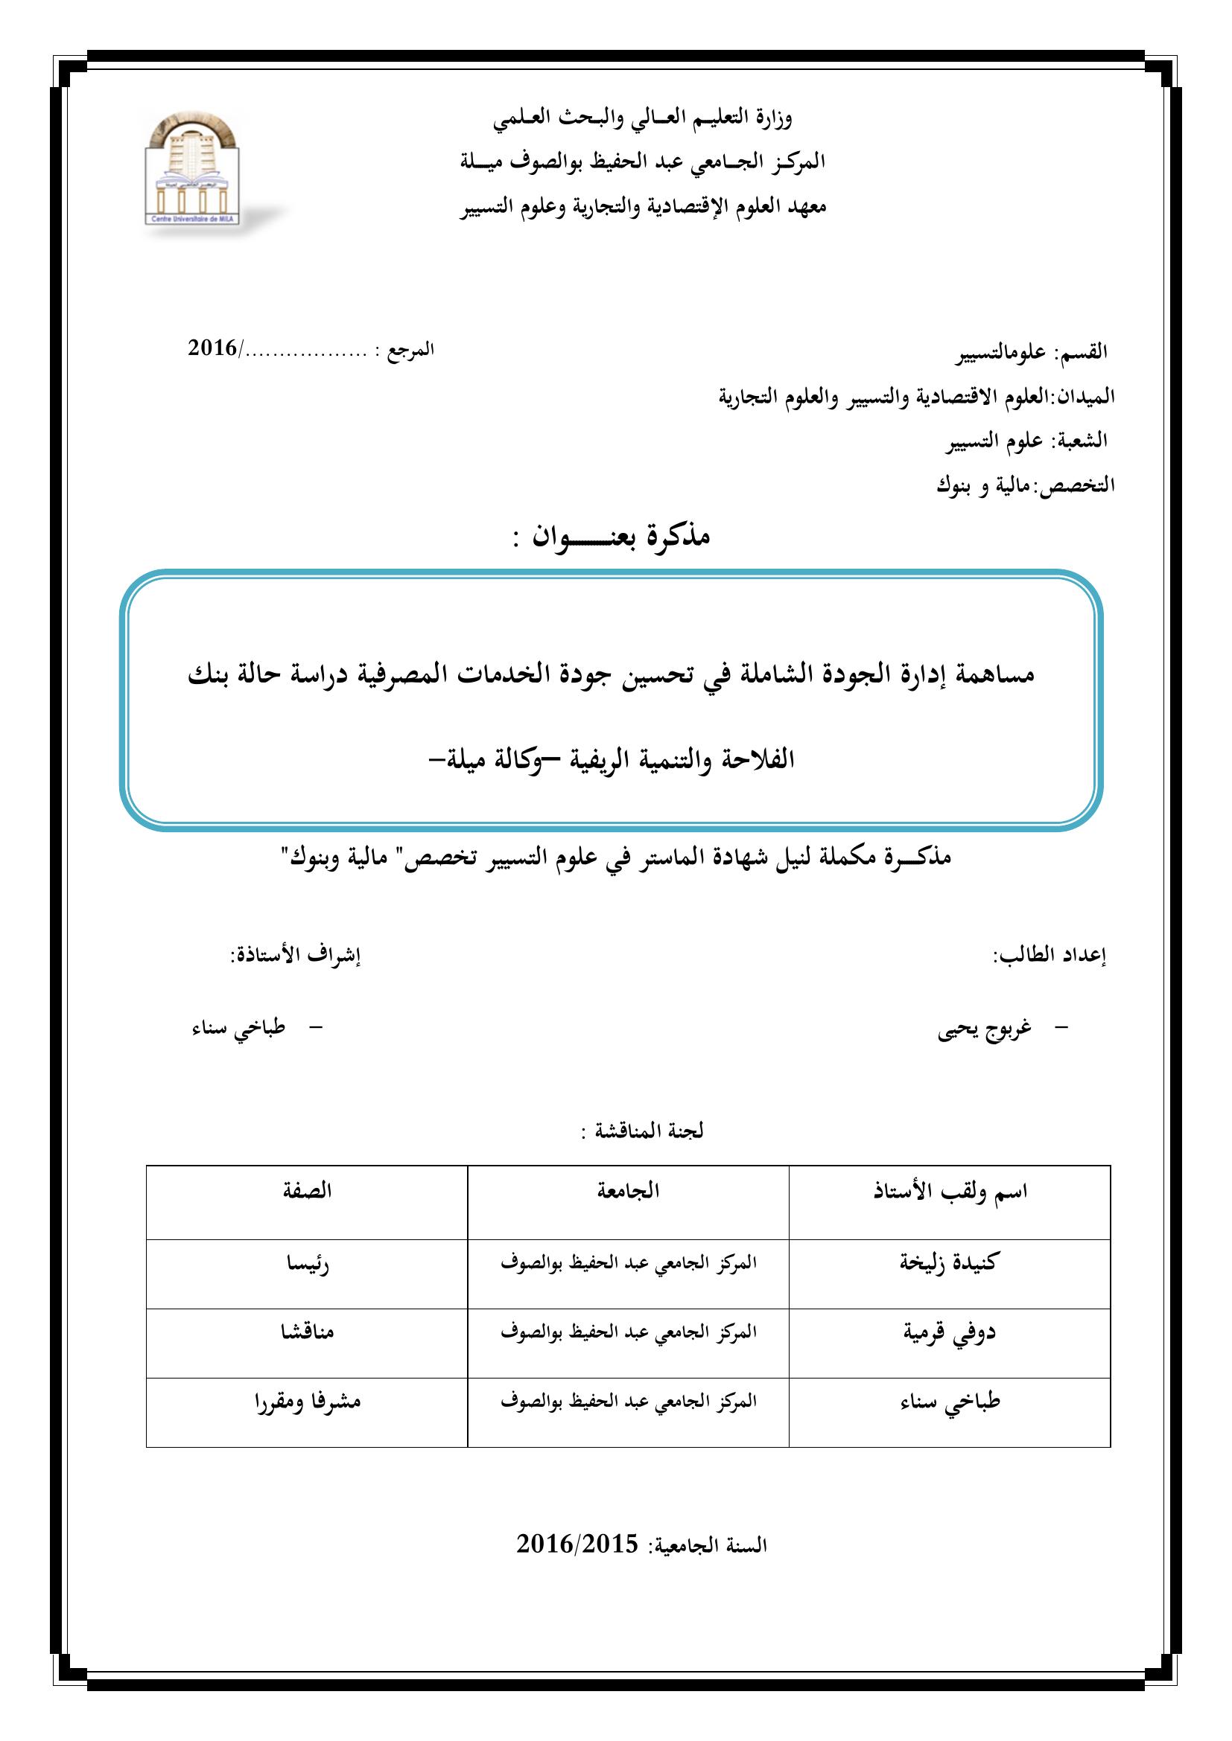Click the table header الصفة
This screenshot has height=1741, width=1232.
point(306,1190)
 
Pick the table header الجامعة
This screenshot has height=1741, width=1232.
point(628,1190)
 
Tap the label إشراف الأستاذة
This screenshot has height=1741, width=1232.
point(295,956)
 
